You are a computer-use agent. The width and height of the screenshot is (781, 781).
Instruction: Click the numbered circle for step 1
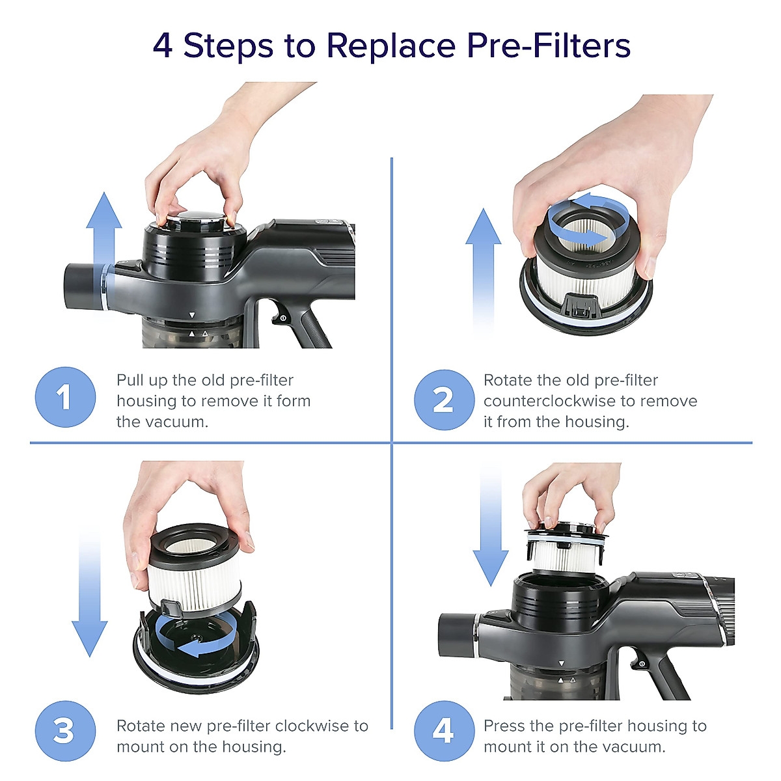click(65, 397)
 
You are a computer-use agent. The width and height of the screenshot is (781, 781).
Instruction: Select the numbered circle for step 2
click(445, 400)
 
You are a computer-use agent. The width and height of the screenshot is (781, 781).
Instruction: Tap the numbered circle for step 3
click(65, 731)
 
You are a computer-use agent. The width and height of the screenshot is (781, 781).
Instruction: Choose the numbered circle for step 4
click(445, 731)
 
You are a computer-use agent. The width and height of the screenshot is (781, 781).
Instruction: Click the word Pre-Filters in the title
click(549, 46)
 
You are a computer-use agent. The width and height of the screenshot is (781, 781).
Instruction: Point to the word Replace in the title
click(391, 47)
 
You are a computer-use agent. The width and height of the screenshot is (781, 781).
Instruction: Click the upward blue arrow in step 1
click(104, 251)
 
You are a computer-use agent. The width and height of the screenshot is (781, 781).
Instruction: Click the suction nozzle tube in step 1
click(86, 286)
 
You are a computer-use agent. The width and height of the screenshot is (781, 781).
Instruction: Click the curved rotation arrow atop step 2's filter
click(588, 221)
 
